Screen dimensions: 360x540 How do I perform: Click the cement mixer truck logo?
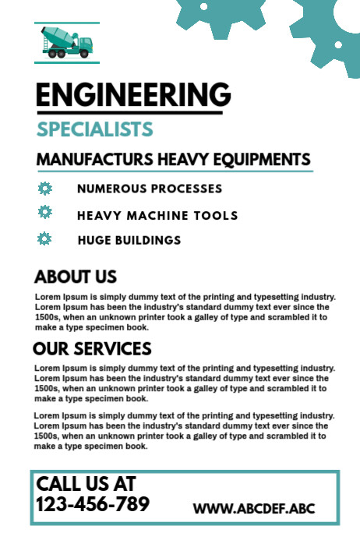click(67, 43)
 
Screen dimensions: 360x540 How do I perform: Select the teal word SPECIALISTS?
click(94, 129)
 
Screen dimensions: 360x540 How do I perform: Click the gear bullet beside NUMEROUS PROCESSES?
click(44, 188)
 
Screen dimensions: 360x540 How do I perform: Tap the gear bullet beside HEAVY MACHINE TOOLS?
click(44, 212)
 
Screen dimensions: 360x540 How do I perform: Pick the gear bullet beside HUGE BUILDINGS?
click(44, 238)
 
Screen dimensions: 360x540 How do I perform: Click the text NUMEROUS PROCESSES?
click(150, 189)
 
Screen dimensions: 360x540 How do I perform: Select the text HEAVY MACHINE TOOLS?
click(157, 215)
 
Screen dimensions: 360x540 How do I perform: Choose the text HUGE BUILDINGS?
click(129, 240)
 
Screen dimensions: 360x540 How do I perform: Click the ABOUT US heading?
click(76, 277)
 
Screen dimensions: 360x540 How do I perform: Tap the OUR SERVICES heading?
click(92, 348)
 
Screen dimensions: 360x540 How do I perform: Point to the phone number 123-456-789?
click(93, 505)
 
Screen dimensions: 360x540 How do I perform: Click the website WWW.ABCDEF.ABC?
click(254, 509)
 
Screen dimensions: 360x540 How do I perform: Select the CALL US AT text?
click(86, 484)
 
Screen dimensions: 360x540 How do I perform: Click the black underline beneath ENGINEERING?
click(133, 112)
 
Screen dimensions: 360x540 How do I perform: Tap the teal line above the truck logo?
click(67, 23)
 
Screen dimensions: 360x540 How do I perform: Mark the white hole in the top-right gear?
click(338, 44)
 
